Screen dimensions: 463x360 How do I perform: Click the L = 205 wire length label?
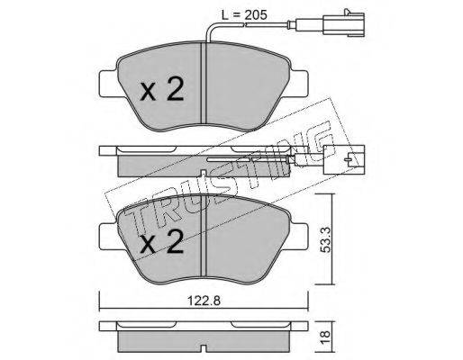(x=244, y=15)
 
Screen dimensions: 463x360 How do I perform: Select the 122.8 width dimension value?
(x=204, y=301)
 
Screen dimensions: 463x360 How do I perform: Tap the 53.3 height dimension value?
(x=326, y=239)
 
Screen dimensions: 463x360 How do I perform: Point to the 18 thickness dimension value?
(x=326, y=335)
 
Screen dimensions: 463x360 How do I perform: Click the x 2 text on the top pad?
(x=162, y=88)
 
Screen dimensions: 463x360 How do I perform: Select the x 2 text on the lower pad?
(x=162, y=242)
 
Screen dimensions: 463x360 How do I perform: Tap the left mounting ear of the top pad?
(x=108, y=84)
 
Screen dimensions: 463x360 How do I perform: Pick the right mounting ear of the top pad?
(x=298, y=84)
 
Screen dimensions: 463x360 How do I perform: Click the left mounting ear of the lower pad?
(x=108, y=237)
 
